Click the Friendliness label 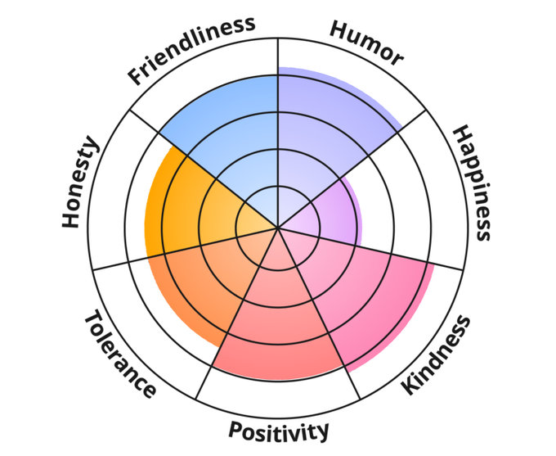(191, 50)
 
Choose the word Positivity (279, 430)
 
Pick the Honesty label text (81, 183)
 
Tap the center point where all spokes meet (278, 228)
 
